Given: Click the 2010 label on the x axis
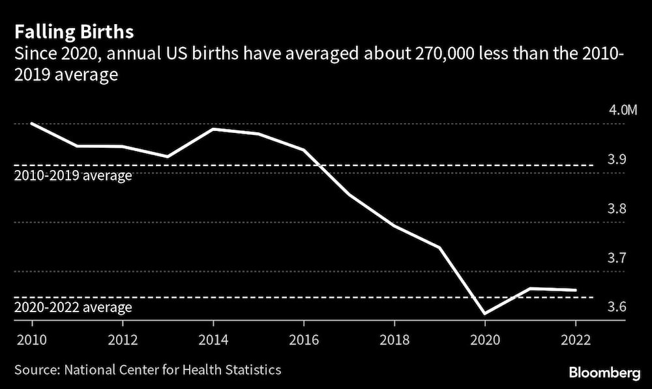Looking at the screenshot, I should click(31, 340).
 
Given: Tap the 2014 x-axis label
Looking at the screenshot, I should click(213, 340).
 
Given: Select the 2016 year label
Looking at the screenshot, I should click(304, 340).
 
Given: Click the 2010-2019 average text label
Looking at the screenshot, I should click(73, 176).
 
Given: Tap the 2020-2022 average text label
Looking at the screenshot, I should click(73, 308).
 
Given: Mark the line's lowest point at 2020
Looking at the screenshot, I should click(485, 313).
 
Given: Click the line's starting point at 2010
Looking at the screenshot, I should click(31, 123).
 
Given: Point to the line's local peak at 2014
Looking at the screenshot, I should click(213, 129).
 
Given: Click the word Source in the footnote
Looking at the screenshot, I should click(35, 370).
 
